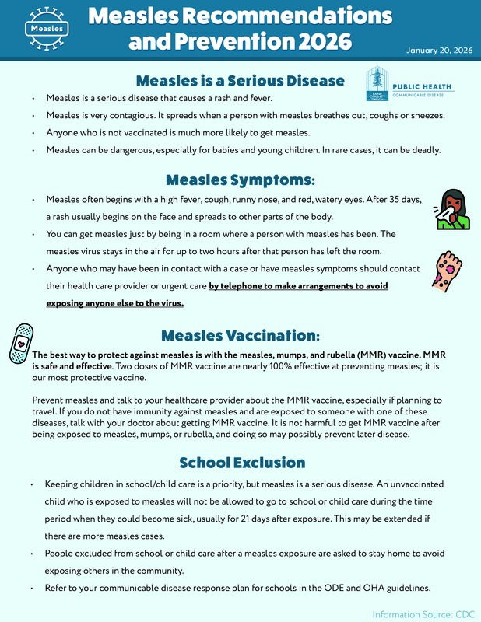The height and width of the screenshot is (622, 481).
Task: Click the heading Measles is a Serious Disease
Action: (240, 81)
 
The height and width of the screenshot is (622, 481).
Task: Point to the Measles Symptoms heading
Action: (240, 180)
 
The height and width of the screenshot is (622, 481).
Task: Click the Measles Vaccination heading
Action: (240, 336)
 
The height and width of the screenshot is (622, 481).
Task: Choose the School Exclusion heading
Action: (240, 463)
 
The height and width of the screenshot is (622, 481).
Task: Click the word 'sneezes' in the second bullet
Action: (424, 115)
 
